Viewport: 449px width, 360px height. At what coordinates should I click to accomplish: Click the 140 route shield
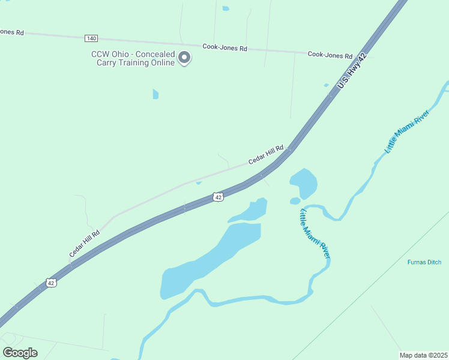91,38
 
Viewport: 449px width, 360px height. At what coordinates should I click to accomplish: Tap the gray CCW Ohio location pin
185,58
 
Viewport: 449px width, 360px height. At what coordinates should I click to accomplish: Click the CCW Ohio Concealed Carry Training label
133,58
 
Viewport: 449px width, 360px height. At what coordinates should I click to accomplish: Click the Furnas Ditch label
424,262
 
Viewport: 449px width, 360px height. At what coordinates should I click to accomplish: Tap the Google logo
20,353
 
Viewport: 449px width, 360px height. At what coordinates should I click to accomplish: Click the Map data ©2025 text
423,355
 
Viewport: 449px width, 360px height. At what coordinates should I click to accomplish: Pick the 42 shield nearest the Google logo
51,283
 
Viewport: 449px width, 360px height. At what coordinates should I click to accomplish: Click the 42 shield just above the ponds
218,197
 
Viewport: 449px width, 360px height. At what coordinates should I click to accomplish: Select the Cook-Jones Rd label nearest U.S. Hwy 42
330,55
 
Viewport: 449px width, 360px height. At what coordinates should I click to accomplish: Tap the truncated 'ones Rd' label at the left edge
11,32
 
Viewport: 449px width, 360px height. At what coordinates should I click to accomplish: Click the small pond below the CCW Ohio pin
155,94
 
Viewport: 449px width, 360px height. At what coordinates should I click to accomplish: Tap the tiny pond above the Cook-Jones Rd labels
226,8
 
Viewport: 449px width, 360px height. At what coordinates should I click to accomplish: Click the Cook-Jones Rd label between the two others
224,47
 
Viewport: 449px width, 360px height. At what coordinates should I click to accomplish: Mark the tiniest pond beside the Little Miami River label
295,201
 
